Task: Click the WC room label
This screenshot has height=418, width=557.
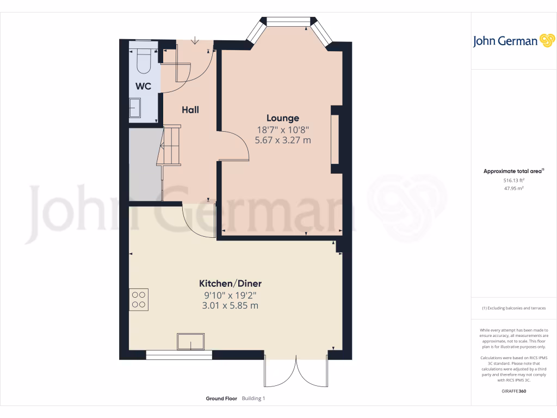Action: click(x=143, y=86)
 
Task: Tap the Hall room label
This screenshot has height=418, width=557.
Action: click(x=190, y=109)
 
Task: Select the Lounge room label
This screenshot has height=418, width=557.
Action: click(x=282, y=118)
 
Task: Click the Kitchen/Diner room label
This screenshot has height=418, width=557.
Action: click(x=230, y=284)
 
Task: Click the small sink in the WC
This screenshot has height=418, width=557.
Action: click(x=134, y=108)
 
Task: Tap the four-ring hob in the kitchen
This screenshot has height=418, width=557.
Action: click(x=139, y=299)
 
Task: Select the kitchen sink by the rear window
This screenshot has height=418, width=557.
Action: click(x=190, y=342)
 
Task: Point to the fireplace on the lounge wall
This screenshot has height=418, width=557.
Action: click(x=336, y=139)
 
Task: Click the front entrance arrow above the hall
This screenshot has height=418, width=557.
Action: click(x=196, y=41)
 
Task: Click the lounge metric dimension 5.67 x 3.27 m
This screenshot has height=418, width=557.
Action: click(x=282, y=140)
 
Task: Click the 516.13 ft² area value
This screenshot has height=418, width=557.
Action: click(x=513, y=180)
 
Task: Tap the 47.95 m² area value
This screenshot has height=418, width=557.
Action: click(x=513, y=188)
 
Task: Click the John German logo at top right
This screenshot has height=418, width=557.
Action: click(x=513, y=41)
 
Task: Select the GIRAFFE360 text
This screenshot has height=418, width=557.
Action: click(x=514, y=391)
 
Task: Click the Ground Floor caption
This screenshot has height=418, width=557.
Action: click(x=221, y=398)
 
